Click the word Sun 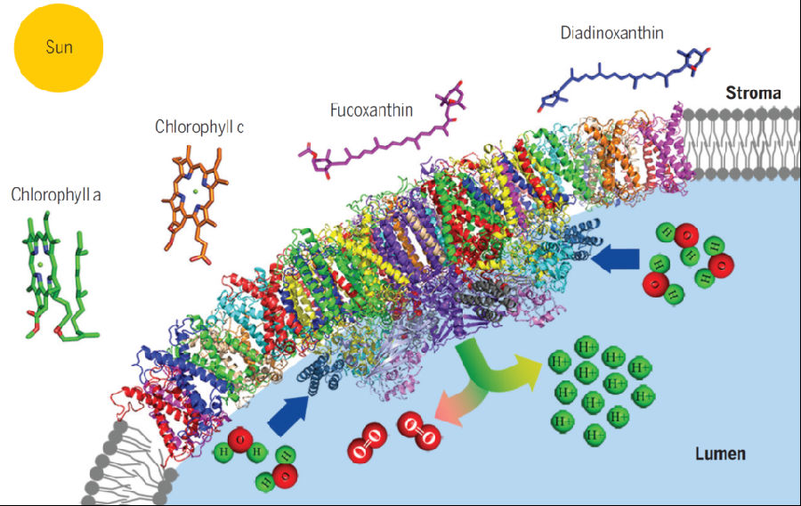60,46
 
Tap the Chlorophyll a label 56,193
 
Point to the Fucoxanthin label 371,110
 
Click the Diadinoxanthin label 611,34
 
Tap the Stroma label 753,93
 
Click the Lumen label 720,453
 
